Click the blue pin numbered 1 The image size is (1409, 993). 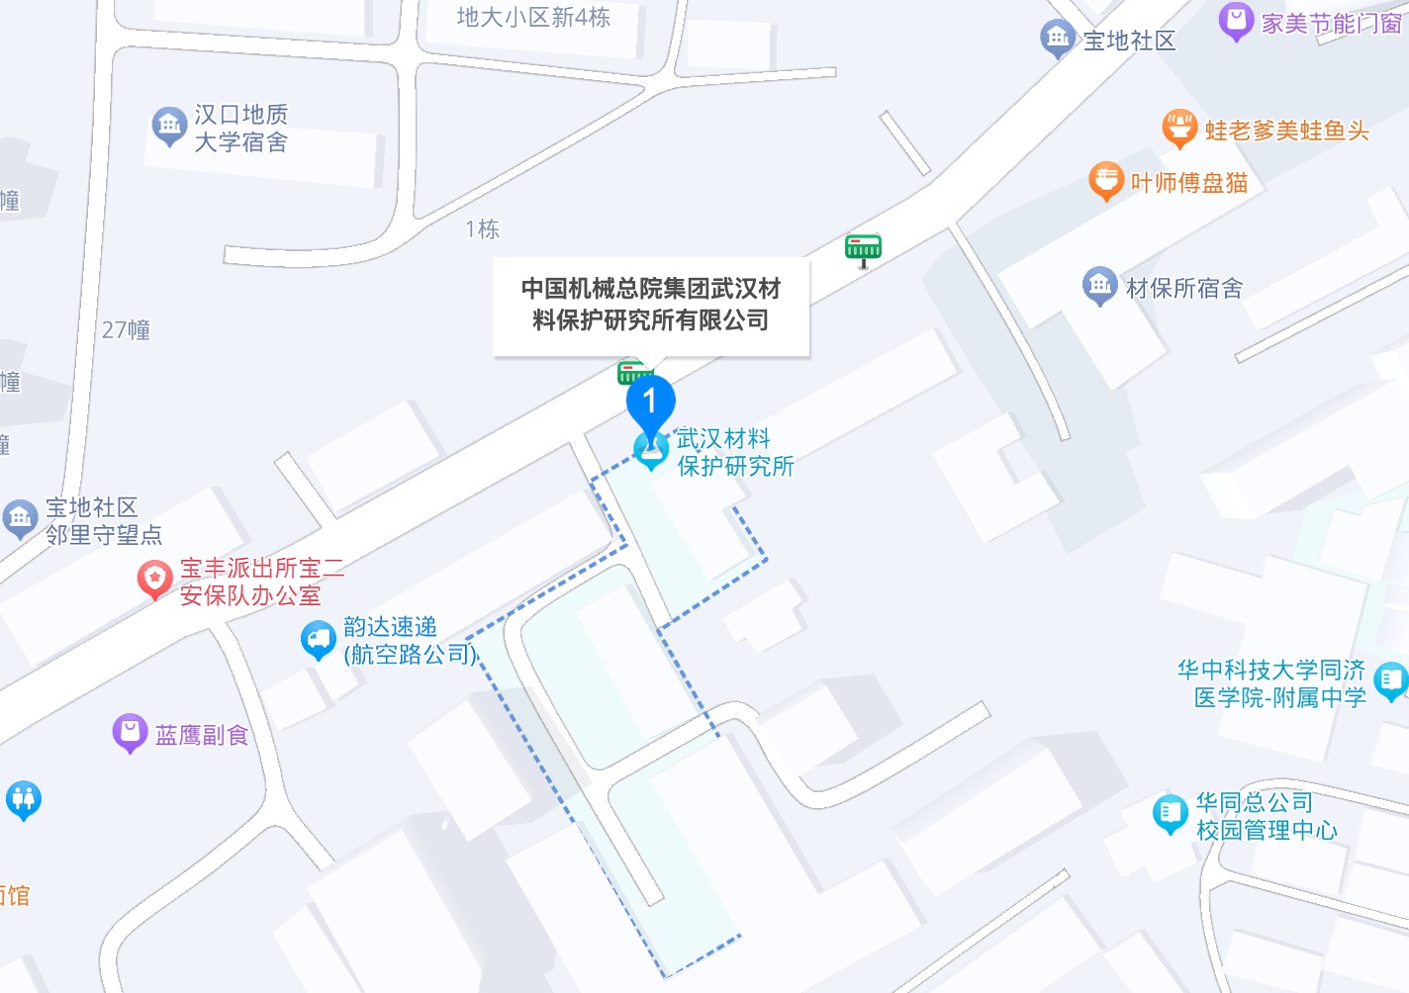[650, 402]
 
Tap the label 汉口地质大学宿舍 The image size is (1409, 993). [240, 129]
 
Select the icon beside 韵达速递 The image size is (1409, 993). [318, 639]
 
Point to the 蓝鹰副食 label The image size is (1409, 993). [201, 735]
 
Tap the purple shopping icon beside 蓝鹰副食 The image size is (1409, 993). [130, 732]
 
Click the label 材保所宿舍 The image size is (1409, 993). [1184, 288]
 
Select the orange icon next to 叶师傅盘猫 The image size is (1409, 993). [1105, 180]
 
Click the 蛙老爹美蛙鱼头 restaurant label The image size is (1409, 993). [1286, 131]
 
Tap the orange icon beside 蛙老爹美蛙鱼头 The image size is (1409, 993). [1178, 128]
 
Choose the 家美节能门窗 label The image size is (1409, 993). [1331, 23]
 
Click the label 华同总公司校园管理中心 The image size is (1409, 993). [1266, 816]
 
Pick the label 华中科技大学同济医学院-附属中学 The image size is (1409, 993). [1271, 683]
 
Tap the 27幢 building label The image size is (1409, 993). [126, 329]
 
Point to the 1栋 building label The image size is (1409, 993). [482, 229]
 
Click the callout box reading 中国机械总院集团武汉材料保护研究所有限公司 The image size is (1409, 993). [651, 305]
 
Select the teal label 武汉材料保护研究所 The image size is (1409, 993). [734, 452]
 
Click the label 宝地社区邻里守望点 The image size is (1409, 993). [103, 521]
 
